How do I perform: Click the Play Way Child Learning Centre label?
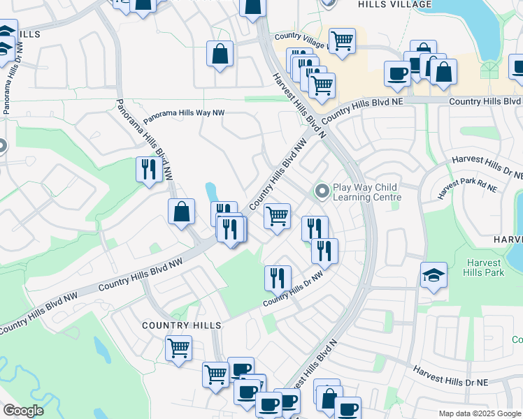click(365, 192)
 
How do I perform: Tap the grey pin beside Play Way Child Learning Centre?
click(322, 190)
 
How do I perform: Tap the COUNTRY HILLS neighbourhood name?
click(182, 325)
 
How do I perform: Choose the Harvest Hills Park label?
click(484, 267)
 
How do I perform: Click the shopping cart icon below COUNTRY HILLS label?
click(179, 347)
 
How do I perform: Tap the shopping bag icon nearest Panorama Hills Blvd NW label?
click(181, 212)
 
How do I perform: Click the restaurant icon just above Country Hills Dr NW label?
click(278, 278)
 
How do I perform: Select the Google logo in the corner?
click(23, 411)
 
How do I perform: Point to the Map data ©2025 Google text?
click(480, 413)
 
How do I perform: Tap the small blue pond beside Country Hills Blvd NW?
click(210, 191)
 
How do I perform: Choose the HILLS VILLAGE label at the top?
click(395, 4)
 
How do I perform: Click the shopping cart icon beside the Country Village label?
click(342, 41)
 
